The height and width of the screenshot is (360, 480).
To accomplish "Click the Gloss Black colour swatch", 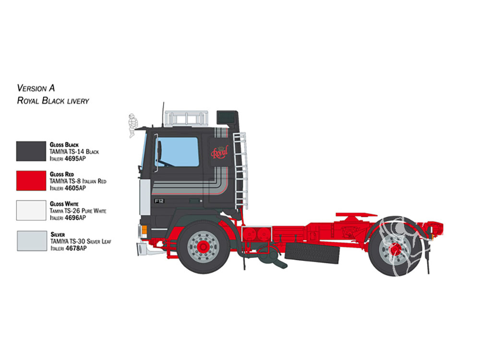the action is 31,151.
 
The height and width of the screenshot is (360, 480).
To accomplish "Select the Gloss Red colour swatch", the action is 31,180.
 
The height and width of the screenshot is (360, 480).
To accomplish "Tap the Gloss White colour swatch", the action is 31,210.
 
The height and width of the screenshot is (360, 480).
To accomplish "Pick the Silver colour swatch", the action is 32,241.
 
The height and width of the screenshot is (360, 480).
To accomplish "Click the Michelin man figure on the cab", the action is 132,125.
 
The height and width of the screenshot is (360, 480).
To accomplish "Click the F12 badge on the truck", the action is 159,201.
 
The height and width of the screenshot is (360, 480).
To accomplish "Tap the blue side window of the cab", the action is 177,152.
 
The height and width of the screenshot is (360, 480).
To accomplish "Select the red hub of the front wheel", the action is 203,247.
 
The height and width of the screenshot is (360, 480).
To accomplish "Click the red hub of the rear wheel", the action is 396,249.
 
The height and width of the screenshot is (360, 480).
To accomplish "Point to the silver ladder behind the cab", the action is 240,170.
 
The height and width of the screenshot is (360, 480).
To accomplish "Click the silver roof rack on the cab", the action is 186,119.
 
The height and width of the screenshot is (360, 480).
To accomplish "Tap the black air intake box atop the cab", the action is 227,118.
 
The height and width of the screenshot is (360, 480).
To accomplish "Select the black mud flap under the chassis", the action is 312,253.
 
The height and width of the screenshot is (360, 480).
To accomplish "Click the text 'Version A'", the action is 36,88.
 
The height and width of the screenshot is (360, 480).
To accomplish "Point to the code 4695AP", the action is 75,158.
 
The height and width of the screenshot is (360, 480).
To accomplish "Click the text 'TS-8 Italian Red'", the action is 87,181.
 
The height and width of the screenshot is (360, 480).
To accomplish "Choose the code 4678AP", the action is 76,248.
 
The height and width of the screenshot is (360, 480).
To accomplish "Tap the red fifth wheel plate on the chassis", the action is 356,215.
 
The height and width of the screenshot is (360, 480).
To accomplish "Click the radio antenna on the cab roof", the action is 163,115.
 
